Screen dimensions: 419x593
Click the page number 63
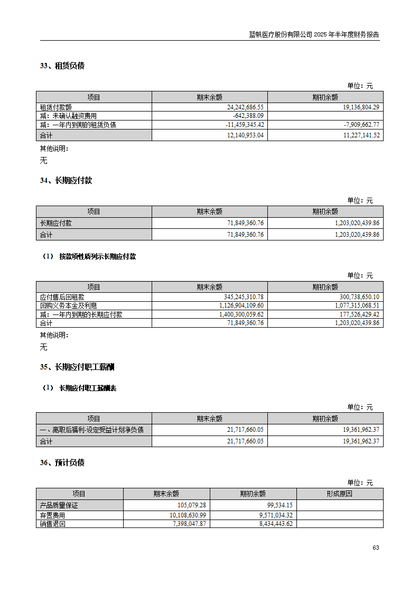tap(376, 548)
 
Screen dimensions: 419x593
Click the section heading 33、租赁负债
tap(62, 66)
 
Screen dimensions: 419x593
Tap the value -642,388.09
tap(248, 116)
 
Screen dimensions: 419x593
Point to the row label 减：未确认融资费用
tap(69, 116)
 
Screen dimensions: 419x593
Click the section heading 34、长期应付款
tap(66, 180)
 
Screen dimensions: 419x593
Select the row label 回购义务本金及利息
tap(69, 305)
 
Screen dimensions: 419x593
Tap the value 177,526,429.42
tap(357, 314)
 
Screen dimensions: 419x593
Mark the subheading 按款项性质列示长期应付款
tap(97, 256)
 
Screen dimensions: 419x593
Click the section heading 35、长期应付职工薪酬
tap(77, 367)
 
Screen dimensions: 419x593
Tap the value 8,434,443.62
tap(271, 524)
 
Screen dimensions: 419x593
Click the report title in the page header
tap(314, 35)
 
